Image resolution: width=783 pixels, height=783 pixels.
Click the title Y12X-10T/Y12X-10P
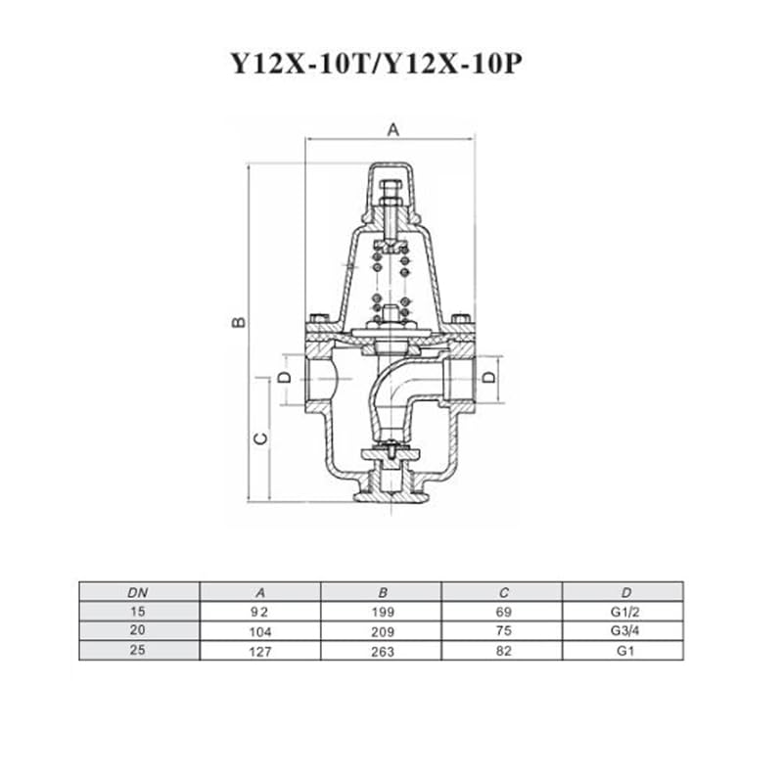(x=377, y=64)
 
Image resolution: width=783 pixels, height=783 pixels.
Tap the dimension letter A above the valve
(x=393, y=130)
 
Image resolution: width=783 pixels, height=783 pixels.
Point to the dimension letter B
(x=239, y=322)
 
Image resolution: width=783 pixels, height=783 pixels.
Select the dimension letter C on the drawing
(x=261, y=438)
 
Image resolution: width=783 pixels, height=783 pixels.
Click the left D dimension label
(x=284, y=377)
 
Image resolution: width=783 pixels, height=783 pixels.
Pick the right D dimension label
(x=491, y=376)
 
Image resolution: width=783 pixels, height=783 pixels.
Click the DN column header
(x=137, y=593)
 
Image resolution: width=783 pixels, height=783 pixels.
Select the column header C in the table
(x=503, y=593)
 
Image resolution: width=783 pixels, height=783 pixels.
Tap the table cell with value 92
(x=259, y=612)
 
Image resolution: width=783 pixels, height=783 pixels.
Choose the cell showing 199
(x=383, y=612)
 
